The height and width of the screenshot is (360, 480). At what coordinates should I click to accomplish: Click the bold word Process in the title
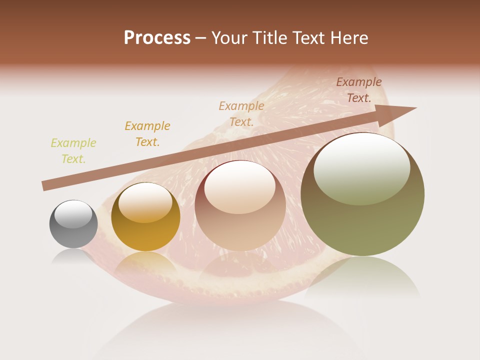[x=157, y=38]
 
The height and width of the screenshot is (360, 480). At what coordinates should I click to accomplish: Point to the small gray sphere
[x=73, y=224]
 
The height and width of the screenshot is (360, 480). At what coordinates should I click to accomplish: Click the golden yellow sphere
[x=145, y=217]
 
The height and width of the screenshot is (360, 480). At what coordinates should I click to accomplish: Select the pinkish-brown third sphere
[x=240, y=206]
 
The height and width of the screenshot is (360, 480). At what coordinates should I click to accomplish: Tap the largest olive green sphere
[x=362, y=194]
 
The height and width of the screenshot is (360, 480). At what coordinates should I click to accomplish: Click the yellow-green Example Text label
[x=73, y=151]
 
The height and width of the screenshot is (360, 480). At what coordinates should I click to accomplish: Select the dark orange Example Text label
[x=147, y=134]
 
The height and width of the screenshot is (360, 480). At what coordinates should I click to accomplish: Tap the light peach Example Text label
[x=241, y=114]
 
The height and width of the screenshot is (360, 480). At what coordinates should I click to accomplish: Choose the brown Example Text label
[x=359, y=90]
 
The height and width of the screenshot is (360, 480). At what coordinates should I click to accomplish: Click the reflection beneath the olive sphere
[x=362, y=280]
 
